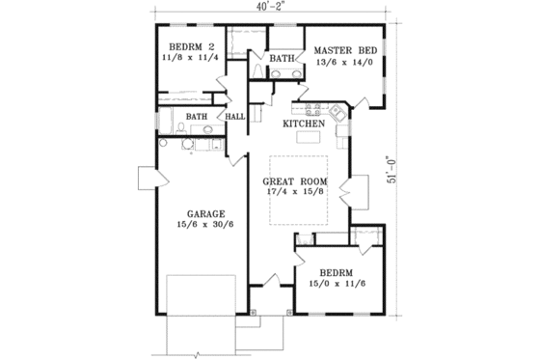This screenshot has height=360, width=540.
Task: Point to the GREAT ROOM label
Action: click(295, 181)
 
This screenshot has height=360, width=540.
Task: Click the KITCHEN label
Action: click(302, 125)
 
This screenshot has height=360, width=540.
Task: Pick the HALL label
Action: click(234, 117)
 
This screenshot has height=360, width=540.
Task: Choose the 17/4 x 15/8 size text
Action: click(295, 193)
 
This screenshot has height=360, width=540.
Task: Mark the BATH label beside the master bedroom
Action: click(282, 59)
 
